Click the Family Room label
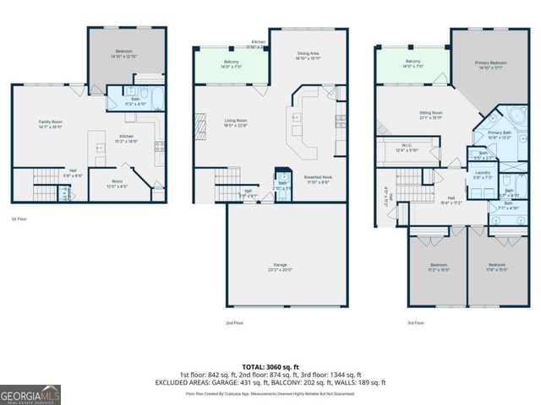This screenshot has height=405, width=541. (51, 124)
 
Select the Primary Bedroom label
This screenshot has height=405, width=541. (492, 64)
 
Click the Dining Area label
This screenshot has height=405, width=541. (308, 55)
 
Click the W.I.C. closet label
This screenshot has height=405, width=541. (407, 148)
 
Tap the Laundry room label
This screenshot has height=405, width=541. (483, 175)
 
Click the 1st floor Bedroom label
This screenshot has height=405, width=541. (124, 53)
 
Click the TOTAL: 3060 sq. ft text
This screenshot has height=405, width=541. (270, 366)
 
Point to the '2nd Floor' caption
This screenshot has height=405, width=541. (234, 323)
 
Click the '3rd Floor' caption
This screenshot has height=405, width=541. (415, 323)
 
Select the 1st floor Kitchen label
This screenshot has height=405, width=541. (126, 138)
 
